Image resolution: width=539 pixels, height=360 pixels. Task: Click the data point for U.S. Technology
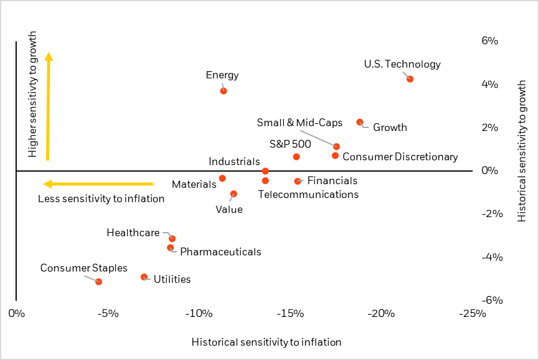click(409, 79)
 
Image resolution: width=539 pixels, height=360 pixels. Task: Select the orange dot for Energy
click(223, 91)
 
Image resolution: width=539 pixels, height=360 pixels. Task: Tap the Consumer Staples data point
click(99, 282)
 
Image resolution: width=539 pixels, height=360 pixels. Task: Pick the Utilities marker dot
click(144, 277)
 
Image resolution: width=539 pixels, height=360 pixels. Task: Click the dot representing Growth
click(360, 122)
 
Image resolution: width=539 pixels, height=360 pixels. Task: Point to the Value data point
click(234, 194)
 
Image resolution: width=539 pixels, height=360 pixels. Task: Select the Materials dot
click(222, 178)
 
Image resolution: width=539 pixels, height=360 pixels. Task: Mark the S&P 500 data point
click(296, 157)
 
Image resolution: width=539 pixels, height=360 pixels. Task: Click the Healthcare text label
click(133, 233)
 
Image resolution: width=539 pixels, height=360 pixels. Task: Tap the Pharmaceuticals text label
click(220, 252)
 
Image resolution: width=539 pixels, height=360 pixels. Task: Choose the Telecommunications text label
click(308, 194)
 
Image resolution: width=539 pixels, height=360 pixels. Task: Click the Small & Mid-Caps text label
click(299, 123)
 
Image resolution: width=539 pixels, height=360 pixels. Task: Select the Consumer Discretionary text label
click(400, 157)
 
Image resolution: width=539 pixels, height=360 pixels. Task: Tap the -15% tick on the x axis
click(290, 313)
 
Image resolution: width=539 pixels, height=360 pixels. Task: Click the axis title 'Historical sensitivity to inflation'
click(267, 342)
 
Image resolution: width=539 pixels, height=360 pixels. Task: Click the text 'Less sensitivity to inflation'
click(101, 199)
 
